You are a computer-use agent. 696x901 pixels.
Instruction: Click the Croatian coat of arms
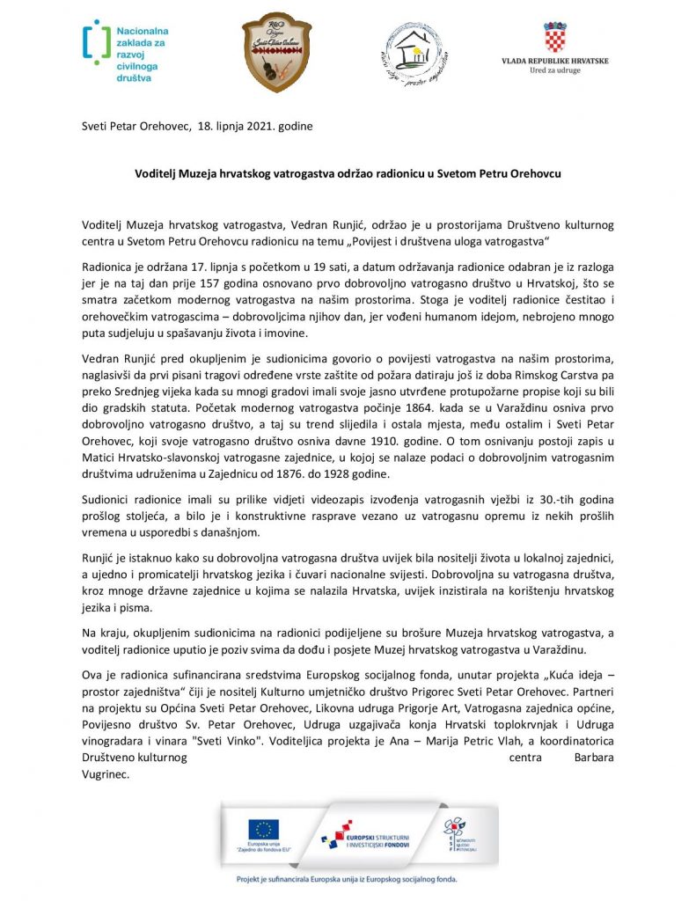(x=554, y=39)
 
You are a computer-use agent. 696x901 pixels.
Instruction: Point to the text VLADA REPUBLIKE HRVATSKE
(x=554, y=61)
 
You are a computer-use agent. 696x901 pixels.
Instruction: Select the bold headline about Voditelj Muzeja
(x=348, y=174)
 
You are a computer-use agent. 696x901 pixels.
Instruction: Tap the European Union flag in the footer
(x=264, y=829)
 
